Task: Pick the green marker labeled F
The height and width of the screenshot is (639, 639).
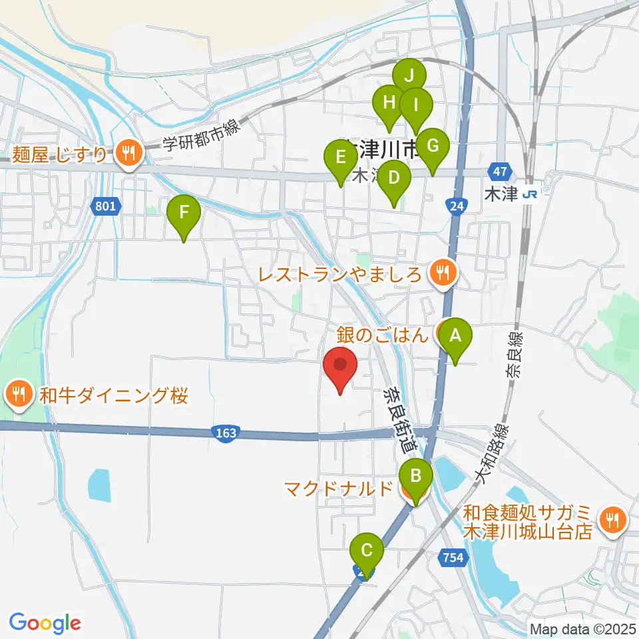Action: click(x=184, y=214)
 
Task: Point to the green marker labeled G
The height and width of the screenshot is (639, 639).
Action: click(x=432, y=146)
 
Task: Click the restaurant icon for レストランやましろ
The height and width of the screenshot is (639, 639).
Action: click(x=440, y=272)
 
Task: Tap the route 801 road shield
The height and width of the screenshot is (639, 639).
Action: click(x=105, y=207)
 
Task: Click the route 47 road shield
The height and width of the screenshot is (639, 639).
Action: click(x=501, y=172)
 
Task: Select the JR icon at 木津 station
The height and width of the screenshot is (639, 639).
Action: click(x=531, y=194)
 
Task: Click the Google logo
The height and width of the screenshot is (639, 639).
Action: click(x=45, y=622)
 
